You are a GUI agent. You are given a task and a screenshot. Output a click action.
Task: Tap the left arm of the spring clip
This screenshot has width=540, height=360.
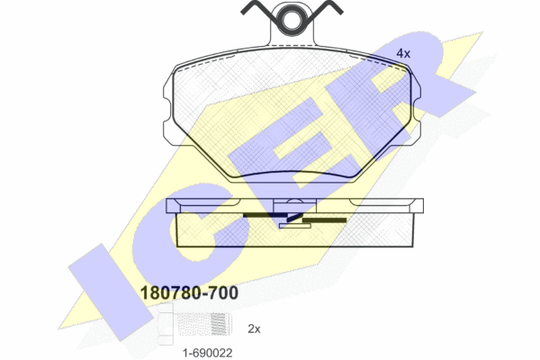point(255,7)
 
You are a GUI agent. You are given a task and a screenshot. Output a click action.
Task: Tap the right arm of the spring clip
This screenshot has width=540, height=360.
point(328,7)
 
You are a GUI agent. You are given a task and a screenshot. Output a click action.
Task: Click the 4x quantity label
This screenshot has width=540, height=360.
point(403,53)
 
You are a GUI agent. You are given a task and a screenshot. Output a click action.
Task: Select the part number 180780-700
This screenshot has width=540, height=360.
point(189,292)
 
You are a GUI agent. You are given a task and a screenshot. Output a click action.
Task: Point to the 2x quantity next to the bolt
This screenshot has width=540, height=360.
point(254,329)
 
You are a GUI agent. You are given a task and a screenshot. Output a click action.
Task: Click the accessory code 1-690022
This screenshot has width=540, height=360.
point(208,353)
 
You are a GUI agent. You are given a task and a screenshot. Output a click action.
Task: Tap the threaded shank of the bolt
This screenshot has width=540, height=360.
point(203,324)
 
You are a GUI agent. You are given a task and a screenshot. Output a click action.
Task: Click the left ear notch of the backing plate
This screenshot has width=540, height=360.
point(166,110)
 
